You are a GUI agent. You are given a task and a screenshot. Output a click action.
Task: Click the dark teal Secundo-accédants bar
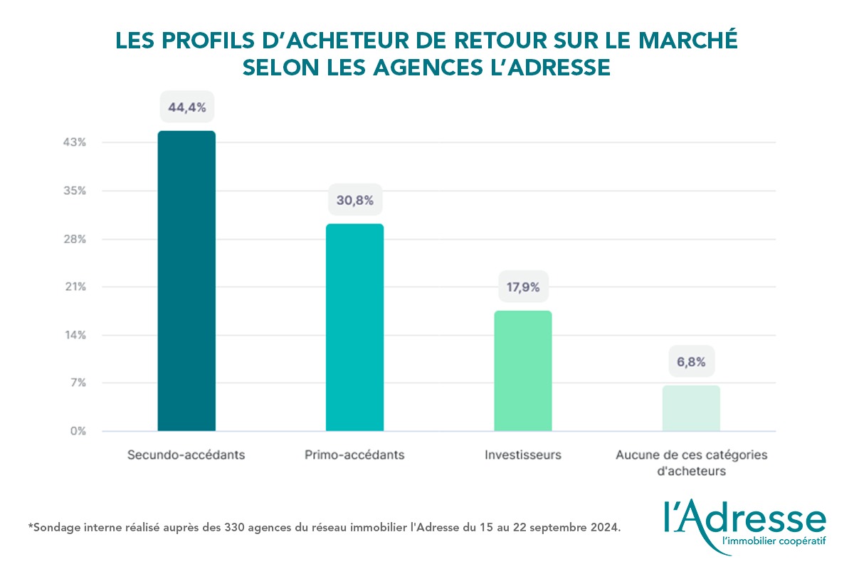click(x=186, y=281)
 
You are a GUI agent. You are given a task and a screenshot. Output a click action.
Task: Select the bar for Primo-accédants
click(x=354, y=327)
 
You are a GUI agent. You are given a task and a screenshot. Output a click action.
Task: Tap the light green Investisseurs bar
click(x=522, y=371)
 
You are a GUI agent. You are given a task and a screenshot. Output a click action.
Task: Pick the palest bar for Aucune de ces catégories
click(x=691, y=408)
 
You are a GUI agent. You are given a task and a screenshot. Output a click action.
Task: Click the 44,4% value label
click(x=187, y=108)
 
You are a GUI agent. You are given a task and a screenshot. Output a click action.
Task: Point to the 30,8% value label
click(x=355, y=201)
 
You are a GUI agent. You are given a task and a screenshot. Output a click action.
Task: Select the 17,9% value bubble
click(x=522, y=288)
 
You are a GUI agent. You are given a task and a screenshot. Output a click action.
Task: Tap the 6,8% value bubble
click(x=691, y=362)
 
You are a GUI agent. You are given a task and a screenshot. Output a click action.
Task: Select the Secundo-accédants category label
click(x=186, y=454)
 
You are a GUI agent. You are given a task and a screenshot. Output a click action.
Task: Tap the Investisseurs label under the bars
click(x=523, y=454)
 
